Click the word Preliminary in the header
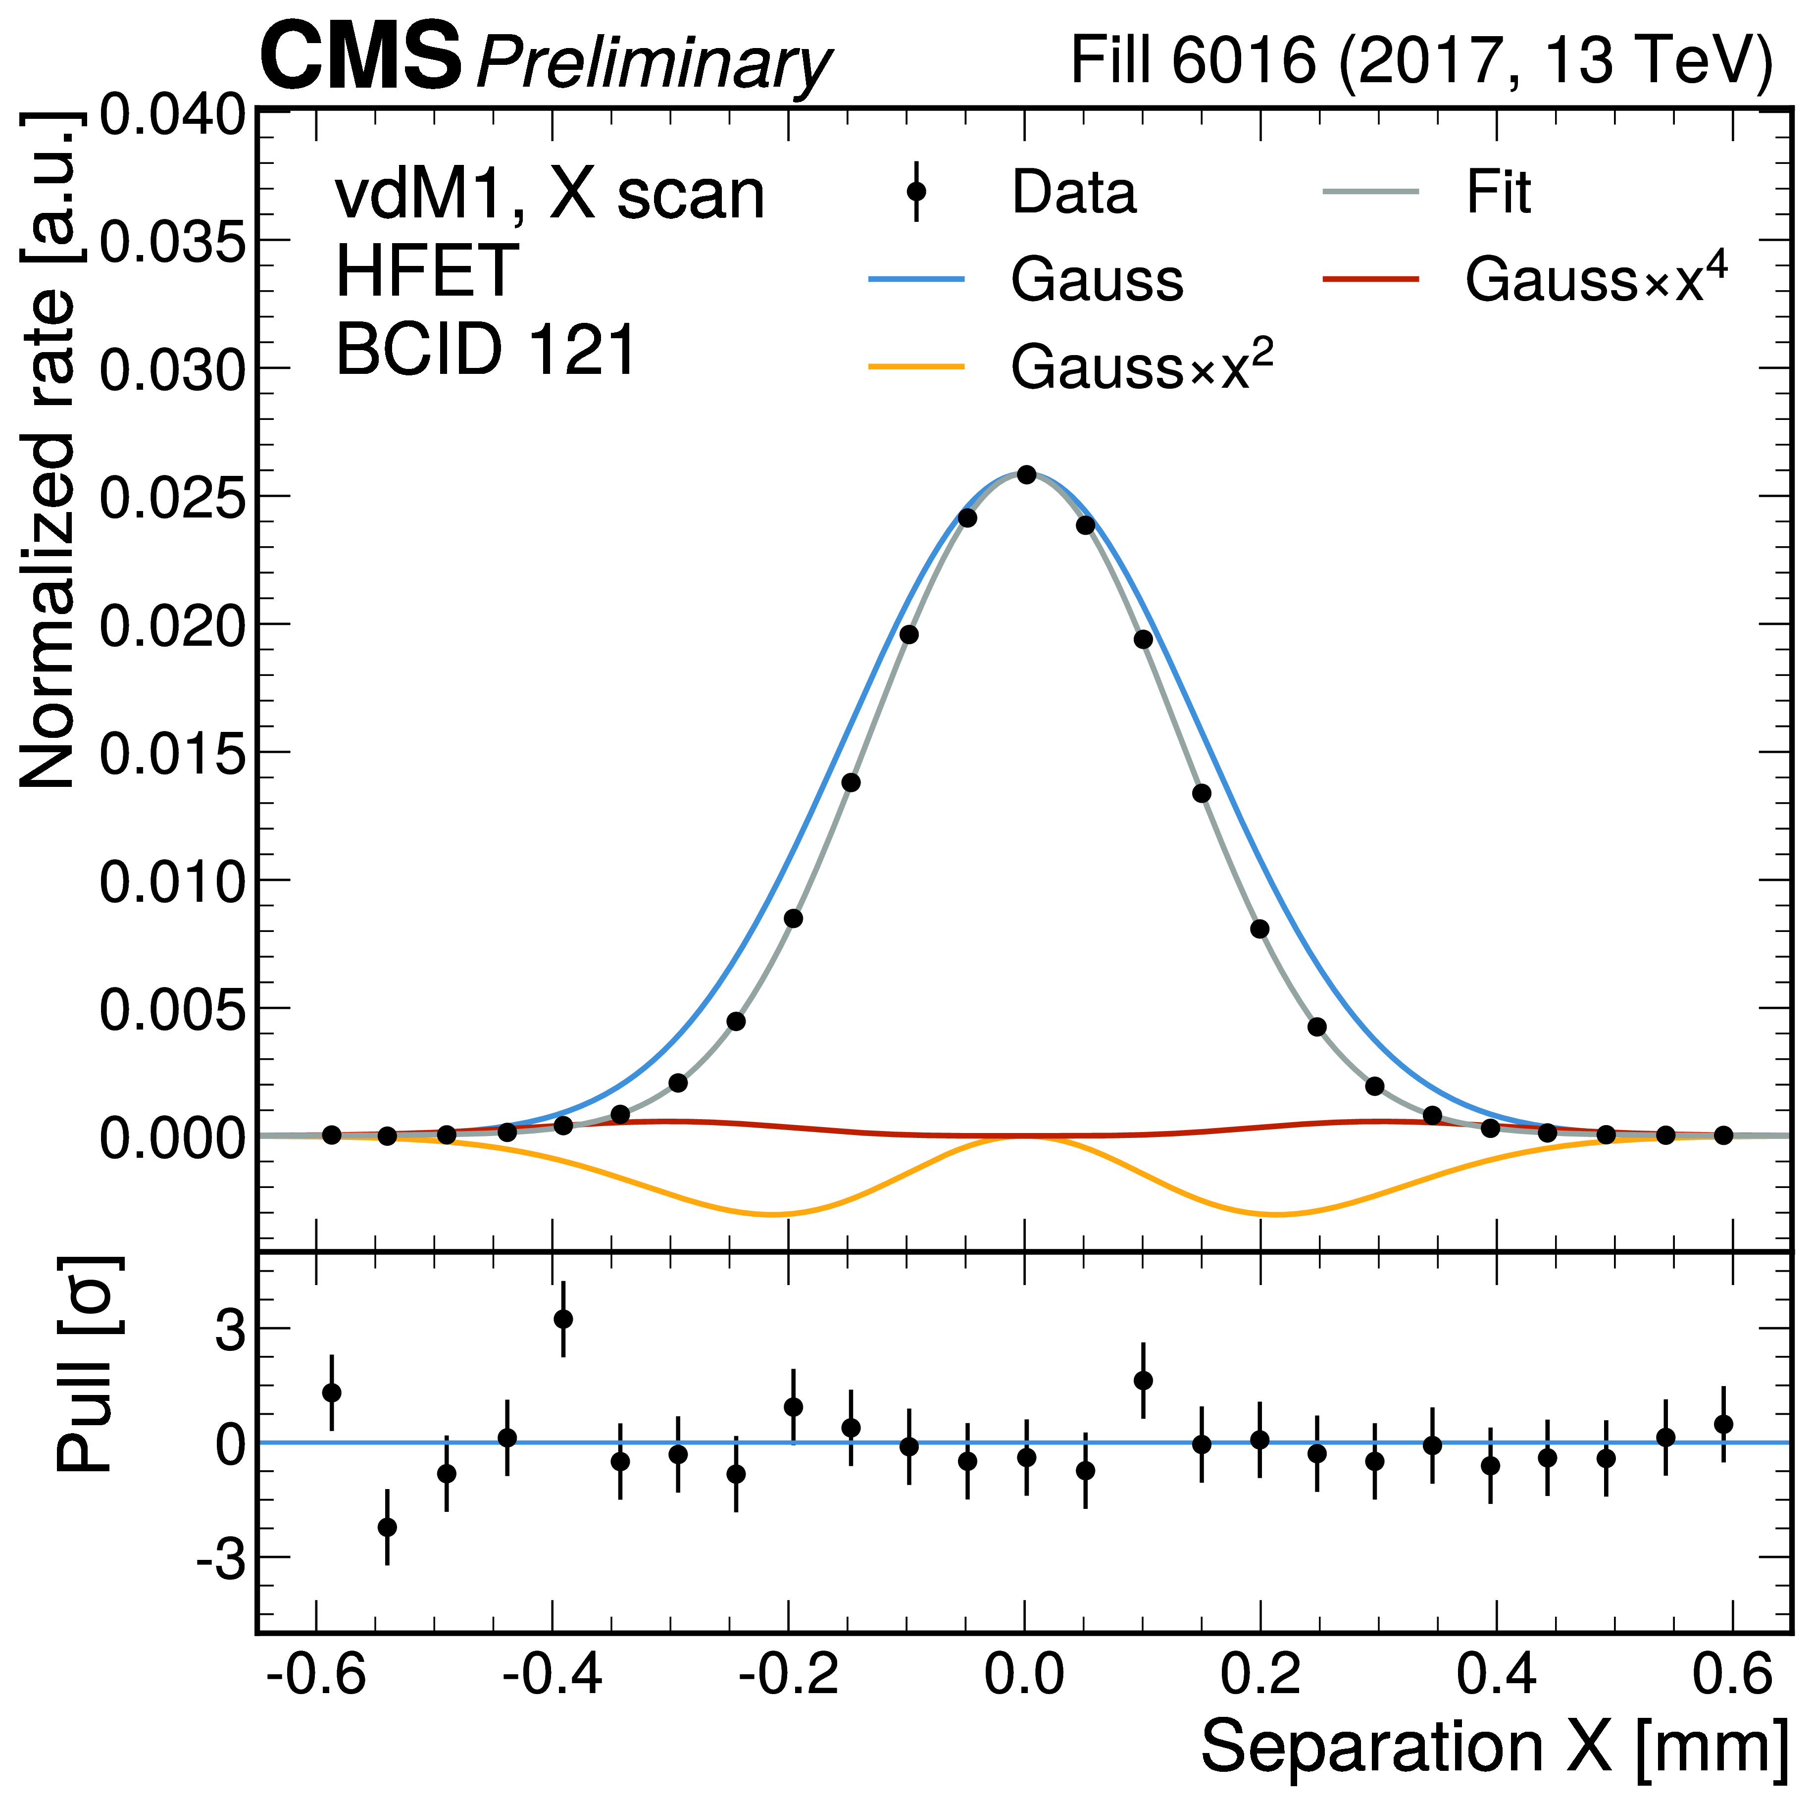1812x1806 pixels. click(x=653, y=64)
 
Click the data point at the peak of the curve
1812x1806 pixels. click(x=1026, y=475)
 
